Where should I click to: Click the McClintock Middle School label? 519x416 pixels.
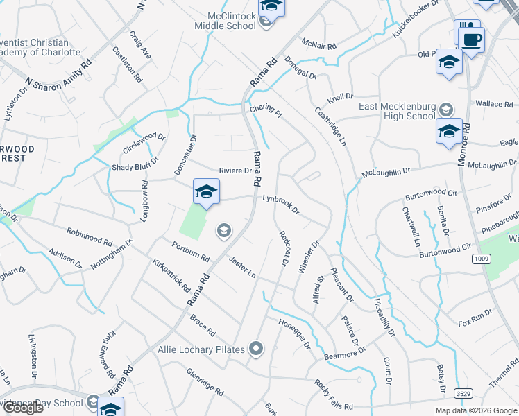point(231,21)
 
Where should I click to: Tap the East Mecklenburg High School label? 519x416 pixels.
point(397,111)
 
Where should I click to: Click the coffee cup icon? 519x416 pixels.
point(472,39)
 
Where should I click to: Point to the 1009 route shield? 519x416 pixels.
point(482,259)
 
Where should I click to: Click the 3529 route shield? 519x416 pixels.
point(464,393)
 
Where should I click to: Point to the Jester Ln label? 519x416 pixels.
point(242,263)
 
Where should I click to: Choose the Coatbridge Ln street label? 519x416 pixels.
point(330,125)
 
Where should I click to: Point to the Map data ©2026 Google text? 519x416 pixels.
point(475,410)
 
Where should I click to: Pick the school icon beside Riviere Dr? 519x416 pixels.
point(206,191)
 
